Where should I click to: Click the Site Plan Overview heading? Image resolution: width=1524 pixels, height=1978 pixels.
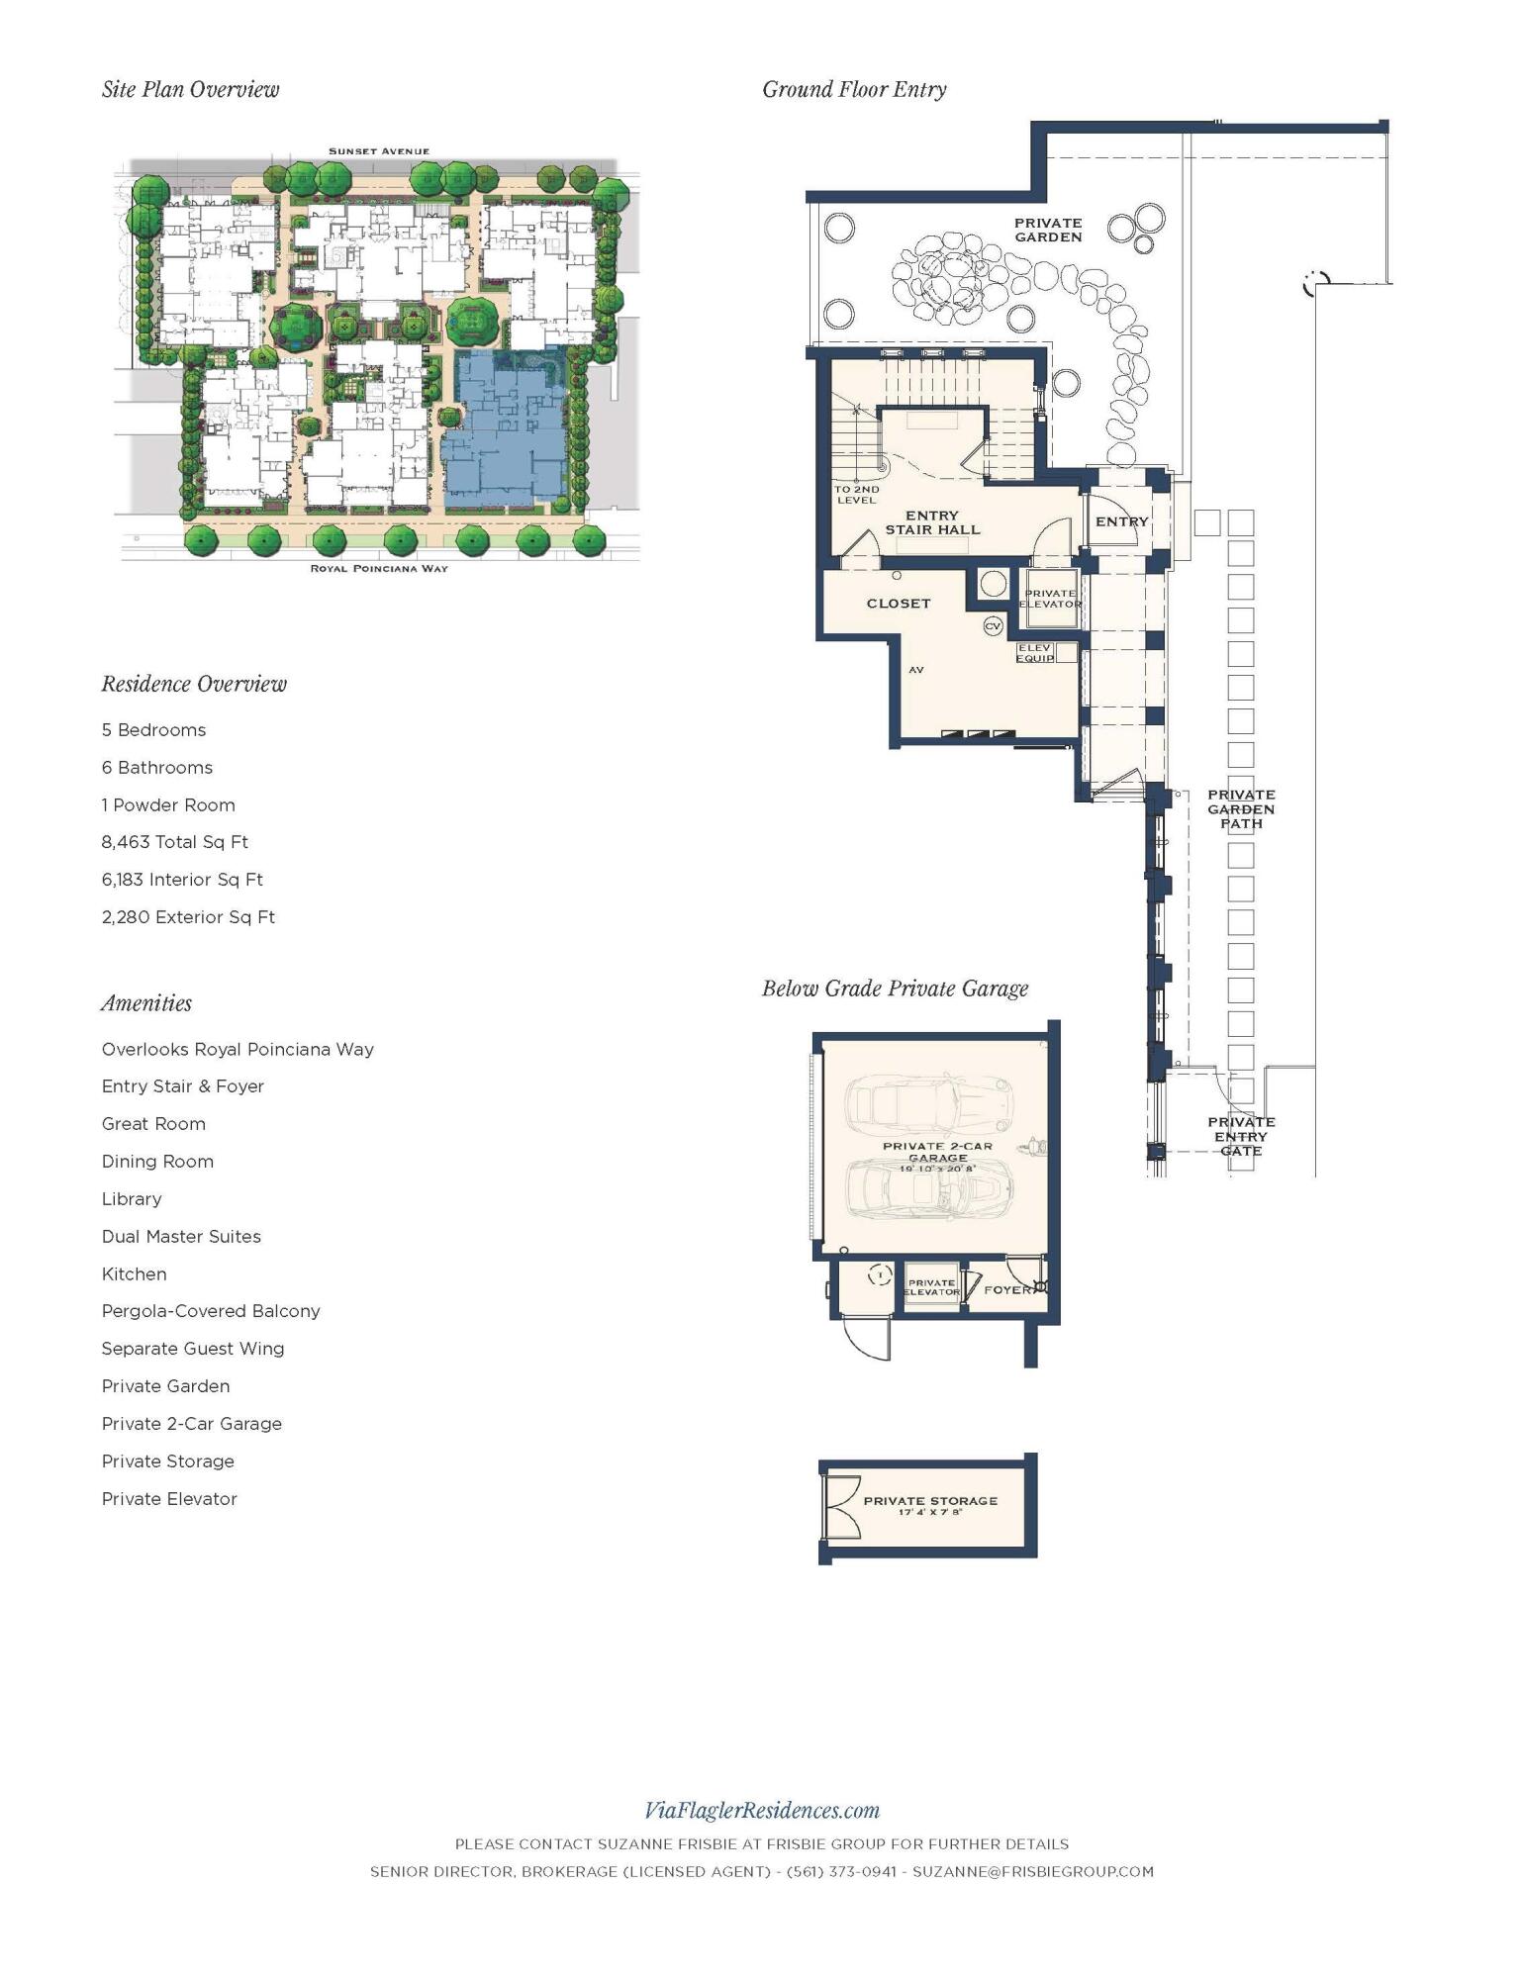click(190, 89)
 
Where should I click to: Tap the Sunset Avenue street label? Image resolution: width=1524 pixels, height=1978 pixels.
click(379, 151)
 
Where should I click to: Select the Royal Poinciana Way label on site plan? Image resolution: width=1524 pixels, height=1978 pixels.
click(379, 569)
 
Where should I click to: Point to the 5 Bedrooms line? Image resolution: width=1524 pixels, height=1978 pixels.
click(153, 730)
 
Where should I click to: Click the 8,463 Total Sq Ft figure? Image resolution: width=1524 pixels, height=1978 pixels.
click(174, 842)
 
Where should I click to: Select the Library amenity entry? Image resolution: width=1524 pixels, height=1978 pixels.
click(131, 1199)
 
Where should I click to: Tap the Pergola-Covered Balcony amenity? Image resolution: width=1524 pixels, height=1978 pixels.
click(211, 1311)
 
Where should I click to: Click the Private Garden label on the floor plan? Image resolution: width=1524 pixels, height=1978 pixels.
click(1048, 230)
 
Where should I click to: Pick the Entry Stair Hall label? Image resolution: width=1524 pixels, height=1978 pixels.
click(932, 522)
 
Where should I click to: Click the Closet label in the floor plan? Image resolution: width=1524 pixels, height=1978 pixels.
click(899, 603)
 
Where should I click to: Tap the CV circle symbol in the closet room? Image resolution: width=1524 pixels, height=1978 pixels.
click(993, 626)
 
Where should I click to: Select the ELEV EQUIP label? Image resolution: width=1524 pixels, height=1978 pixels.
click(1035, 653)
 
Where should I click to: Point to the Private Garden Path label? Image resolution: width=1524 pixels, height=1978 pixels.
click(1241, 808)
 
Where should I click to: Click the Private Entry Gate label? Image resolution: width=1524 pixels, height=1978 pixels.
click(1241, 1136)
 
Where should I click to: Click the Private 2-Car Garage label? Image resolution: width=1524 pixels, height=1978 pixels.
click(937, 1152)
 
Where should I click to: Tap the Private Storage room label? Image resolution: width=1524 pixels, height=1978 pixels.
click(930, 1501)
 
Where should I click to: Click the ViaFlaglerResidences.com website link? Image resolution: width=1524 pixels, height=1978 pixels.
click(761, 1811)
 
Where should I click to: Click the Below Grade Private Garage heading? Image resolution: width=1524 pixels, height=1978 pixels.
click(895, 989)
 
